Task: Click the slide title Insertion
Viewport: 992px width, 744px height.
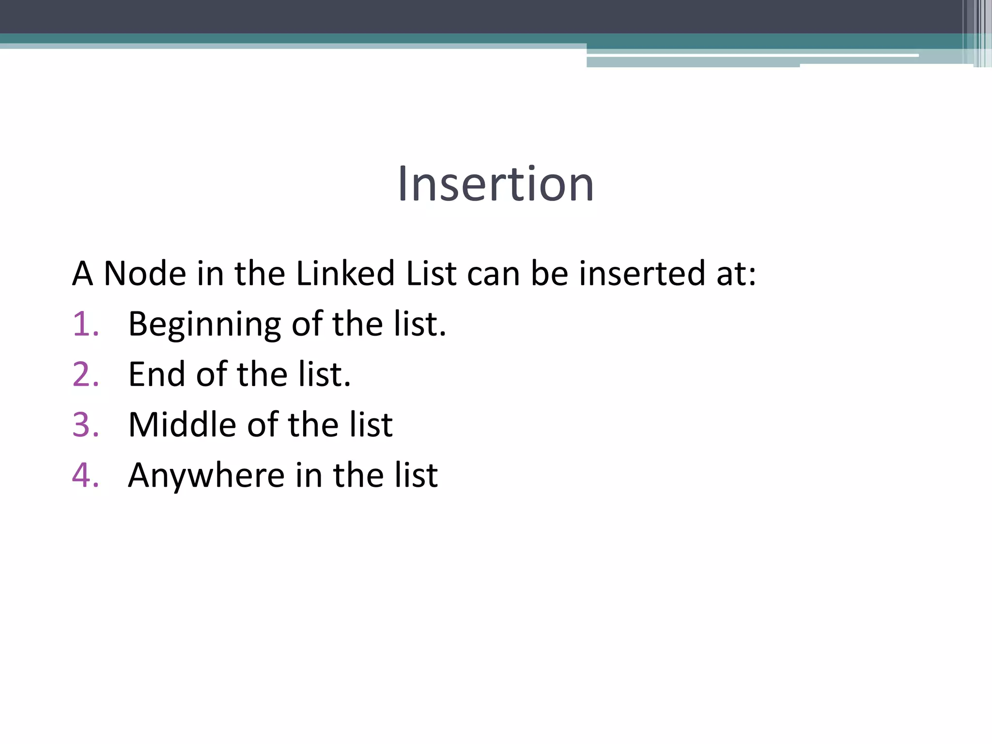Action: point(496,184)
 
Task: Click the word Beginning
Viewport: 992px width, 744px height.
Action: point(204,325)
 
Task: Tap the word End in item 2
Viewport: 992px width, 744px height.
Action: point(156,374)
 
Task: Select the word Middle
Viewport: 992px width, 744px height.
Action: point(183,425)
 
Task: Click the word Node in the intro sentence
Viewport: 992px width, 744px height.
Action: point(145,274)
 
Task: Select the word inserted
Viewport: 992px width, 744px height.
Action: point(642,274)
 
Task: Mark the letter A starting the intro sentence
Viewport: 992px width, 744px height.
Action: point(82,274)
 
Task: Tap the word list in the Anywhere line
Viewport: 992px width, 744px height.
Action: point(416,475)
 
